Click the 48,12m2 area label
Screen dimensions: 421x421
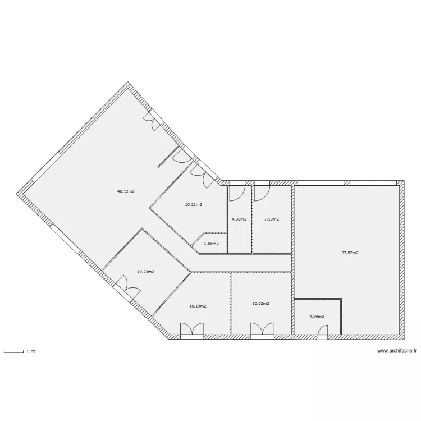coord(126,191)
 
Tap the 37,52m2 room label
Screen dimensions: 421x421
coord(350,253)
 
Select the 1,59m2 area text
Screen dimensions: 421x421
coord(211,244)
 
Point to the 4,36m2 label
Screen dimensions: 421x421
coord(239,219)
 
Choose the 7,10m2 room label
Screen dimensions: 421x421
coord(272,219)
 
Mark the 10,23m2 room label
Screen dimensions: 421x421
coord(145,272)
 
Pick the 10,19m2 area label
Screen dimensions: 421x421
coord(198,306)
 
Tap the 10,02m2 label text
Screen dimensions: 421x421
coord(261,303)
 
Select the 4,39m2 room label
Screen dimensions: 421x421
coord(317,316)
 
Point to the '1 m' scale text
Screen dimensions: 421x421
coord(31,351)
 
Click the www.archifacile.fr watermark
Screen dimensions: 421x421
coord(397,351)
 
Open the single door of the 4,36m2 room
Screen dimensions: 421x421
coord(236,192)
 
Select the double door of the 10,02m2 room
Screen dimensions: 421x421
coord(261,331)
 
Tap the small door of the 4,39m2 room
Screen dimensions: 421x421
coord(323,333)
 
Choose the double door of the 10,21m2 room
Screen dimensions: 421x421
coord(200,173)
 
